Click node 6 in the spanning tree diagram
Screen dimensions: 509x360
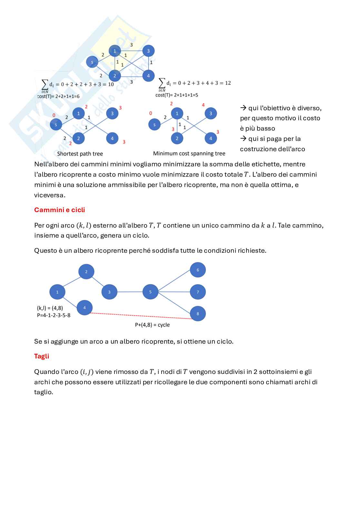click(x=198, y=270)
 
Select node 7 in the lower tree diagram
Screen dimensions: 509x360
click(x=198, y=292)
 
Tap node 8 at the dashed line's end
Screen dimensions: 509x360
click(x=198, y=313)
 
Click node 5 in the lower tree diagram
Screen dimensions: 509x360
click(x=150, y=292)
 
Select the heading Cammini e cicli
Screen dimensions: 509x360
click(x=59, y=210)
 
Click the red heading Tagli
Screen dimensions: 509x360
click(x=42, y=356)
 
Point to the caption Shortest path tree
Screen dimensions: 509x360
click(x=80, y=154)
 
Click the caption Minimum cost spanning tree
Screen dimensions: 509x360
click(x=189, y=153)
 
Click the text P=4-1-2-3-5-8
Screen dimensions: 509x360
click(x=54, y=315)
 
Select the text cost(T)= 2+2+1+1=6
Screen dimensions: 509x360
click(x=58, y=96)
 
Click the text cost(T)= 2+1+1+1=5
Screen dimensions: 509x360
click(x=177, y=95)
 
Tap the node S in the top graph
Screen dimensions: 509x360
click(x=92, y=62)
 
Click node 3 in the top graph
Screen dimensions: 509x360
click(x=148, y=51)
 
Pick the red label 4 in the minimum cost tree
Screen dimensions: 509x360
click(x=203, y=105)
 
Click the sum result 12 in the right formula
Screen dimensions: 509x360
click(x=228, y=83)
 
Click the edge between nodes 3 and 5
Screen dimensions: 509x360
click(x=130, y=292)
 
